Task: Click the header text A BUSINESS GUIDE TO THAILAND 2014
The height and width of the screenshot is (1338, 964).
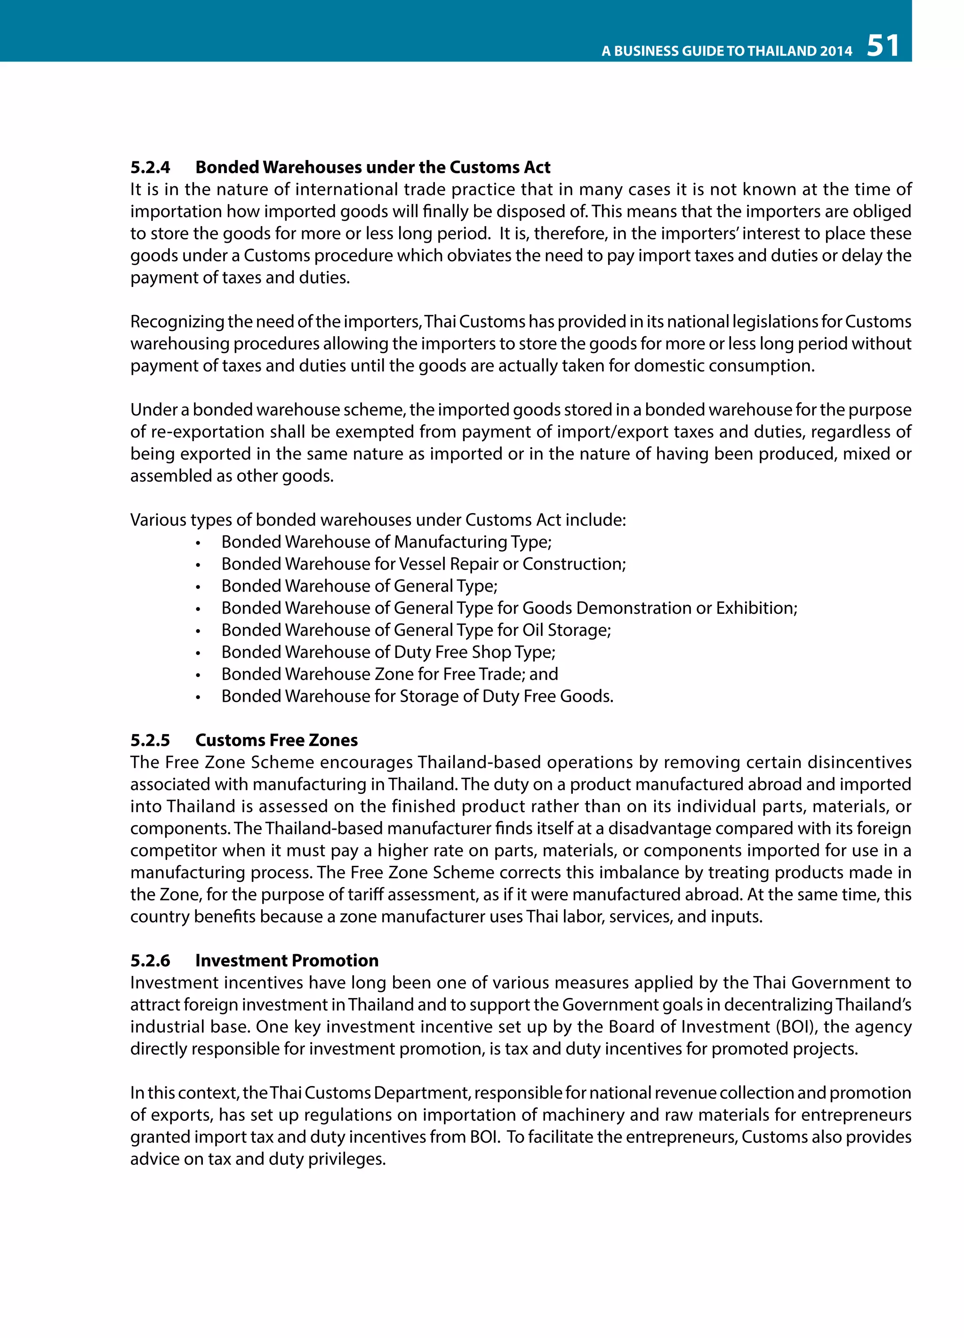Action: [x=727, y=51]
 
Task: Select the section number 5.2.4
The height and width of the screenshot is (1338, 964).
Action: [x=150, y=167]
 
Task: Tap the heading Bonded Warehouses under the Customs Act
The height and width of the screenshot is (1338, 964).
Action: [x=372, y=167]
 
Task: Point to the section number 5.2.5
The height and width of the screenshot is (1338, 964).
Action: [x=150, y=740]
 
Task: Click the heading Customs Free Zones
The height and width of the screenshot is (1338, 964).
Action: [x=276, y=740]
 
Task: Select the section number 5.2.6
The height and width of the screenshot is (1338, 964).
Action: [x=150, y=960]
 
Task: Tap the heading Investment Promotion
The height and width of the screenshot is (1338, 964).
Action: [x=287, y=960]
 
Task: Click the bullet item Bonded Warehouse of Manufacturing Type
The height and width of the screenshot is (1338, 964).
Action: [x=386, y=542]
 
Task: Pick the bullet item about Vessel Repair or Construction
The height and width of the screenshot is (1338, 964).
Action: [x=423, y=564]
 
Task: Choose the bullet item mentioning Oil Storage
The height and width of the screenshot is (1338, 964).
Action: [x=416, y=630]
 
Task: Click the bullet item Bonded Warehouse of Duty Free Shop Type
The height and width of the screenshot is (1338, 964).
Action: [x=388, y=652]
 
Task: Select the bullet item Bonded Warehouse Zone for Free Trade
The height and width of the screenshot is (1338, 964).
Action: [x=389, y=674]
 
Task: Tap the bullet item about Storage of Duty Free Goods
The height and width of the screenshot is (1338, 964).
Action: [x=417, y=697]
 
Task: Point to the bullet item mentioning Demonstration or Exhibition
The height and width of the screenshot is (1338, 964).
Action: [x=509, y=608]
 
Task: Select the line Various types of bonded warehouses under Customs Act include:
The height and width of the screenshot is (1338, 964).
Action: [x=378, y=520]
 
